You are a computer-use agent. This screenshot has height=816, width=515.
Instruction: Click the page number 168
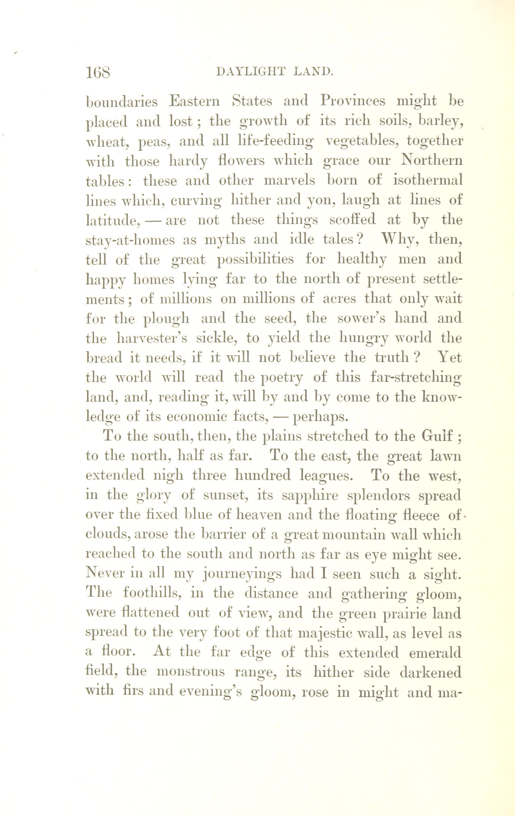[x=98, y=73]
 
